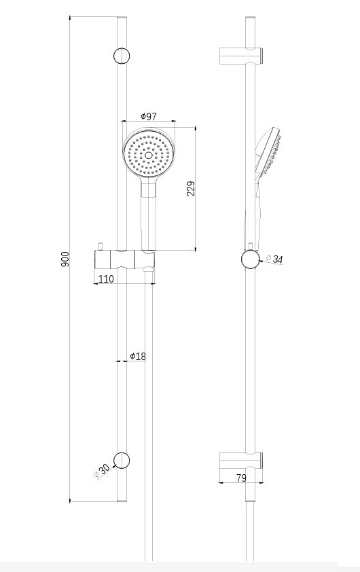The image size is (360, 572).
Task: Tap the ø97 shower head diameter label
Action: coord(148,117)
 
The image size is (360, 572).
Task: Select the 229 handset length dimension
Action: coord(191,188)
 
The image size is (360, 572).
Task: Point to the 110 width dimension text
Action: coord(106,279)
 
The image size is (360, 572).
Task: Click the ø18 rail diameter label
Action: coord(138,356)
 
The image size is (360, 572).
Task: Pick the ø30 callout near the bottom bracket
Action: coord(103,470)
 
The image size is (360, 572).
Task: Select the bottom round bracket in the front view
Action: coord(122,460)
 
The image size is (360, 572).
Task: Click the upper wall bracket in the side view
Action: coord(240,56)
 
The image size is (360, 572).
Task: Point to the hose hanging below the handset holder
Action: coord(149,408)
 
